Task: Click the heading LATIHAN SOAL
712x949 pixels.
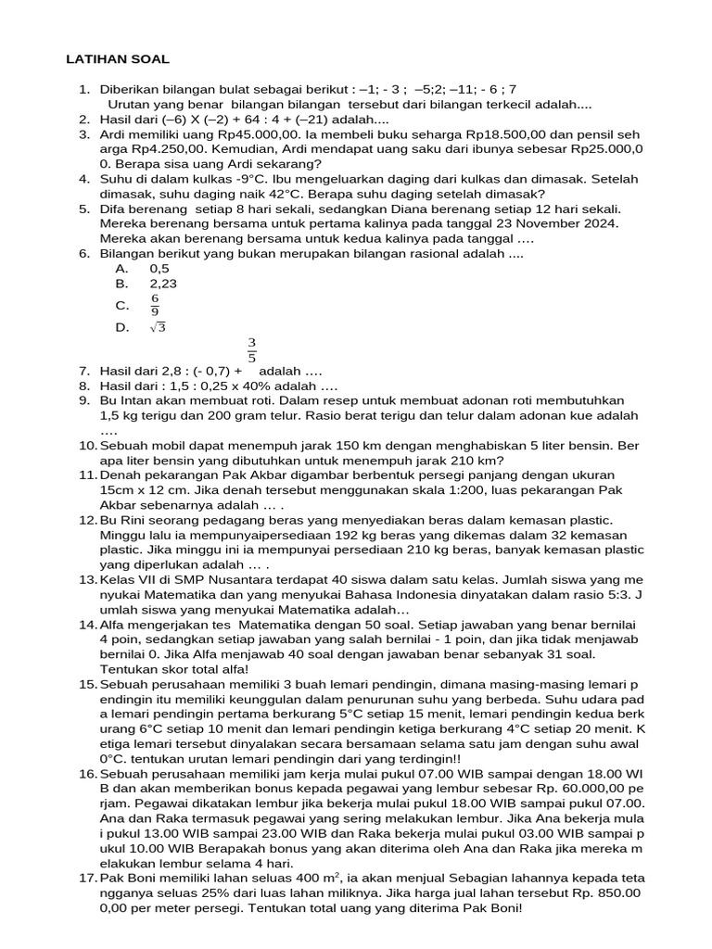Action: (118, 59)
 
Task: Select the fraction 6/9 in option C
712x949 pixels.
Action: (156, 305)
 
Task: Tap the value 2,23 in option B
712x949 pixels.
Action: (163, 284)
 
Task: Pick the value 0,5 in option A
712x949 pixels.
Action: (159, 268)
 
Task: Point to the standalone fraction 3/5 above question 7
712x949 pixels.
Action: (252, 350)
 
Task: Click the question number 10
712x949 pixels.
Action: (88, 446)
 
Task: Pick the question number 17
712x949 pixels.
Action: (88, 876)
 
